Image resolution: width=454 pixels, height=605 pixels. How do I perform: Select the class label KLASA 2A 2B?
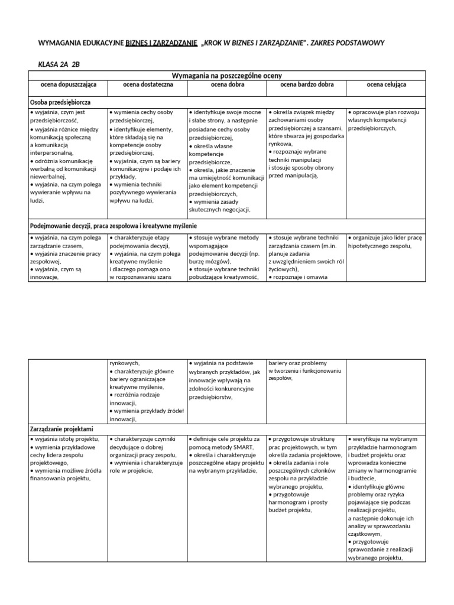click(x=59, y=64)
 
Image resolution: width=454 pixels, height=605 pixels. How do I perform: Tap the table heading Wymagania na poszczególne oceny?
click(x=226, y=76)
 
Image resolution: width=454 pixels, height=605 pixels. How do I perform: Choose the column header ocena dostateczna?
click(x=148, y=85)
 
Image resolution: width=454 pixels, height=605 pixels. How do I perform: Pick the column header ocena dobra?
click(x=227, y=85)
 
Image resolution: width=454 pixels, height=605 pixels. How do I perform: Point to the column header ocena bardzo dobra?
click(x=306, y=85)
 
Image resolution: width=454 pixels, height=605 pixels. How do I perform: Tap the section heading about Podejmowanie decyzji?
click(x=113, y=226)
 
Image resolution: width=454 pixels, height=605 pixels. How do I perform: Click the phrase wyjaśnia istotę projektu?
click(x=66, y=440)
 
